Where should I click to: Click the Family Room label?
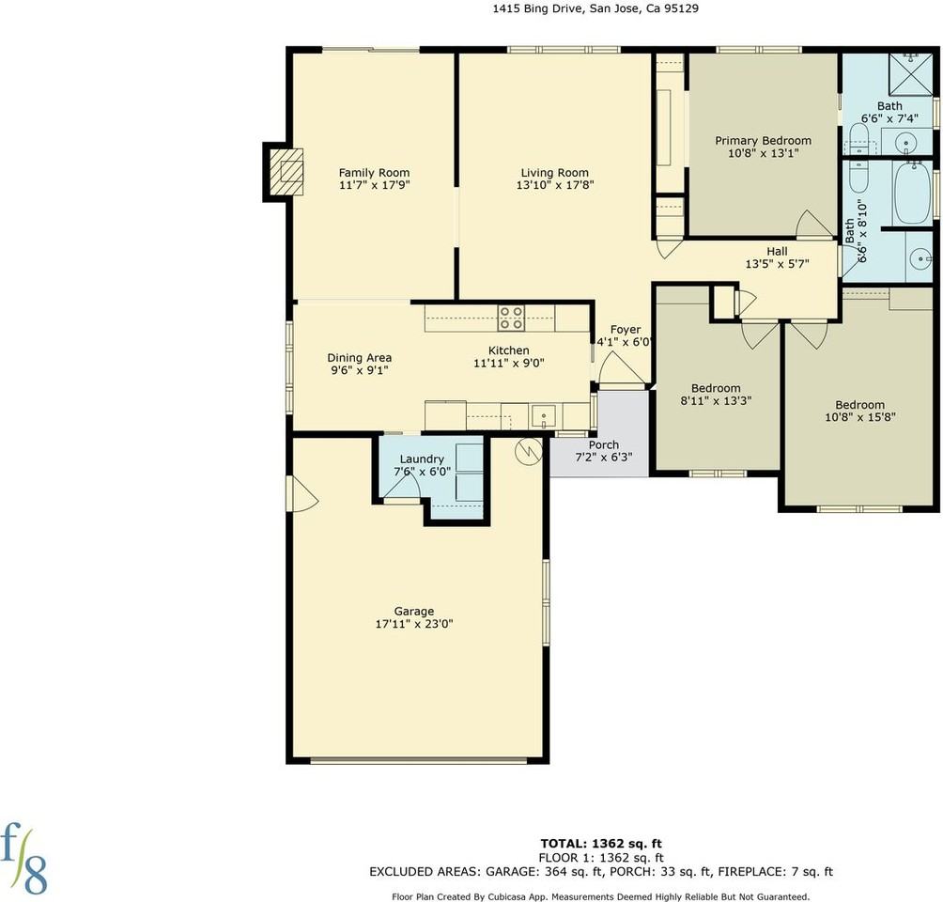374,173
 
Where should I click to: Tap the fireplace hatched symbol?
286,172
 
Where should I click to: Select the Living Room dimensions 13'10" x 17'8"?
555,185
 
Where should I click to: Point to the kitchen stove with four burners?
511,318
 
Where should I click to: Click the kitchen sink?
544,416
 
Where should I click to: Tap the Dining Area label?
359,358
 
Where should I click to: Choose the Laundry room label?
422,459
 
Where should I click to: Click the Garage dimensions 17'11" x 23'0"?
414,624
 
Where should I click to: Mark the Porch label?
604,444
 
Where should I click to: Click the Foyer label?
626,330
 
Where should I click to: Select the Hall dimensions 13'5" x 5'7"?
777,264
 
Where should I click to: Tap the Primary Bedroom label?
764,141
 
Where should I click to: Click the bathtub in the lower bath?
912,193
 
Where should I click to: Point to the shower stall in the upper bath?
910,74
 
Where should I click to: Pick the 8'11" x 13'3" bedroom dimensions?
716,401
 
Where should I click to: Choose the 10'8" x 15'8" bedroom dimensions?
860,417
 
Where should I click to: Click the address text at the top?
595,8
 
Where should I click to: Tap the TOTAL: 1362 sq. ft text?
601,844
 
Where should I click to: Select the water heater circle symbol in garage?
529,451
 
